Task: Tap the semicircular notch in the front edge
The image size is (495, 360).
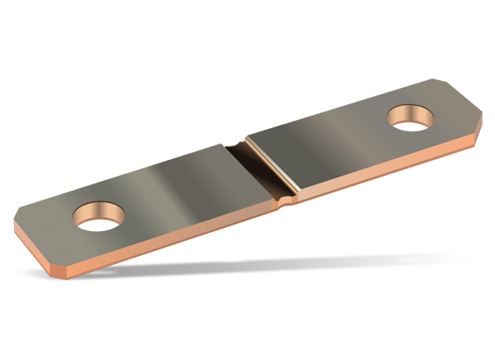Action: (x=285, y=200)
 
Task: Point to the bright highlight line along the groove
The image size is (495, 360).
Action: (x=272, y=165)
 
